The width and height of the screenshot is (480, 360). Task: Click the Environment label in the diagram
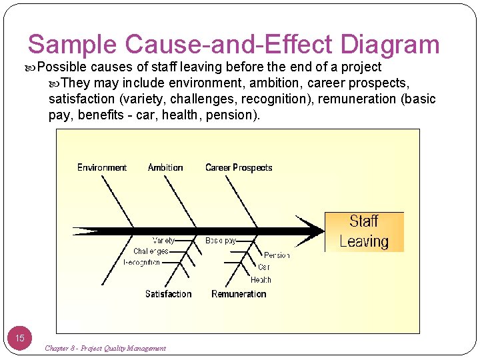coord(102,167)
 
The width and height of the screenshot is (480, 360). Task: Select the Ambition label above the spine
coord(165,167)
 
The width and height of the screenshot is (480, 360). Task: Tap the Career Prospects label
coord(239,167)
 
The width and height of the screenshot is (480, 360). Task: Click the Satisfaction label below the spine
coord(168,294)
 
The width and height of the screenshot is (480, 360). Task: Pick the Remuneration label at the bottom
coord(239,294)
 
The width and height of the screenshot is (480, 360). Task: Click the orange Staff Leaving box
coord(364,231)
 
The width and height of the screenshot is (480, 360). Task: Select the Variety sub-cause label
coord(164,241)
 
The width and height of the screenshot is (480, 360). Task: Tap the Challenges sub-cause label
coord(151,251)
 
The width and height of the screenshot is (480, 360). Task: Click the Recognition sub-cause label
coord(142,262)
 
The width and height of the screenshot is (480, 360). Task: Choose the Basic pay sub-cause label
coord(221,241)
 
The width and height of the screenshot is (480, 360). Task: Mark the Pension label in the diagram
coord(277,255)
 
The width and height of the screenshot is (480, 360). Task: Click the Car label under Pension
coord(263,267)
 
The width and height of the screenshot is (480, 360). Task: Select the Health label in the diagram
coord(261,280)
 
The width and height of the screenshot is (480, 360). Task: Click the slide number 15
coord(19,338)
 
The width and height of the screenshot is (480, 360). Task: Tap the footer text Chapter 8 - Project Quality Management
coord(105,348)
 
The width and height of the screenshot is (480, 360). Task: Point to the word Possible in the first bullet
coord(63,67)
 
